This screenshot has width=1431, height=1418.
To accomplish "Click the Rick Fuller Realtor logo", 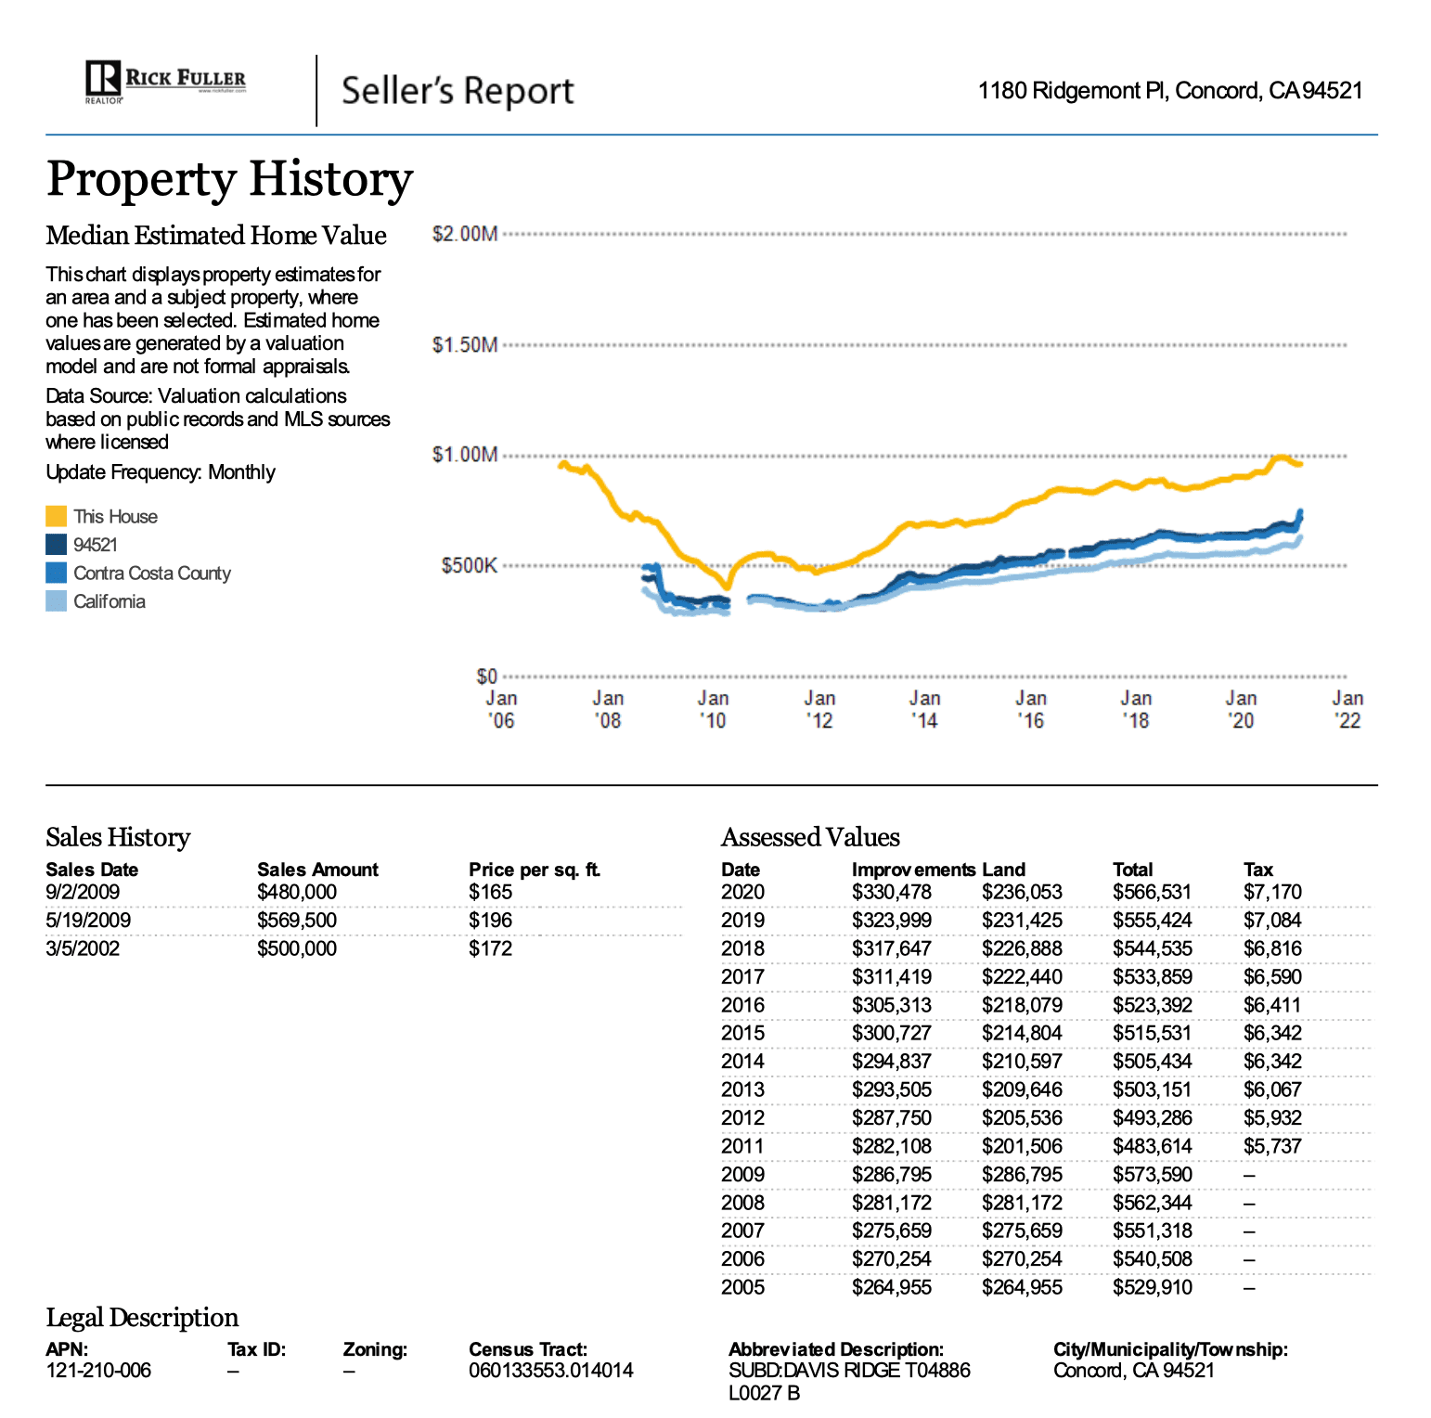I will click(x=165, y=82).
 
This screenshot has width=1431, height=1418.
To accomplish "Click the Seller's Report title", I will click(x=458, y=91).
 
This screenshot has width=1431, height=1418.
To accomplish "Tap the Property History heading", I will click(x=229, y=179).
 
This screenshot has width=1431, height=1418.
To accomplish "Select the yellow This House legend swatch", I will click(x=56, y=517).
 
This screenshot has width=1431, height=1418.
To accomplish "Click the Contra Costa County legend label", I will click(x=152, y=574).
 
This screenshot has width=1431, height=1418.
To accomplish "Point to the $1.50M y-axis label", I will click(x=465, y=345).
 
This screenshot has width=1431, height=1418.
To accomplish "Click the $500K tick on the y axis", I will click(x=469, y=566).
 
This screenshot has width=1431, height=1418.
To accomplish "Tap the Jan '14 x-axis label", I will click(x=924, y=709).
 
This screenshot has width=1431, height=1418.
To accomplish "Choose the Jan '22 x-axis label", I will click(x=1347, y=709).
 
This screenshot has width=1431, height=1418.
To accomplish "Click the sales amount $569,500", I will click(x=297, y=921).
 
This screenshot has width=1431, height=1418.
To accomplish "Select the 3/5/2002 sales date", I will click(x=83, y=948).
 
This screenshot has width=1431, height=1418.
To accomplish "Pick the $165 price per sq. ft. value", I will click(x=490, y=892).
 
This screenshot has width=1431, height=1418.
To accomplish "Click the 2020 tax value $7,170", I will click(x=1272, y=892).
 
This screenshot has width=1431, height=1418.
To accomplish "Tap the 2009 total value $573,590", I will click(x=1153, y=1174).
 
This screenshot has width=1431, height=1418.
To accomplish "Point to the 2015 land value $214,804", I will click(x=1022, y=1033).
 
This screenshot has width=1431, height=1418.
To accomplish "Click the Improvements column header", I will click(x=913, y=870).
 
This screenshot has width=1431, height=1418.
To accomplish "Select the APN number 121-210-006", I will click(x=98, y=1371).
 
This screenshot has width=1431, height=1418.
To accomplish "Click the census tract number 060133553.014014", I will click(x=551, y=1371).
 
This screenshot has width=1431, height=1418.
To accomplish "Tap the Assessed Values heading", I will click(x=810, y=837).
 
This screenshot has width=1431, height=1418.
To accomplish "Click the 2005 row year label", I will click(x=742, y=1287).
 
